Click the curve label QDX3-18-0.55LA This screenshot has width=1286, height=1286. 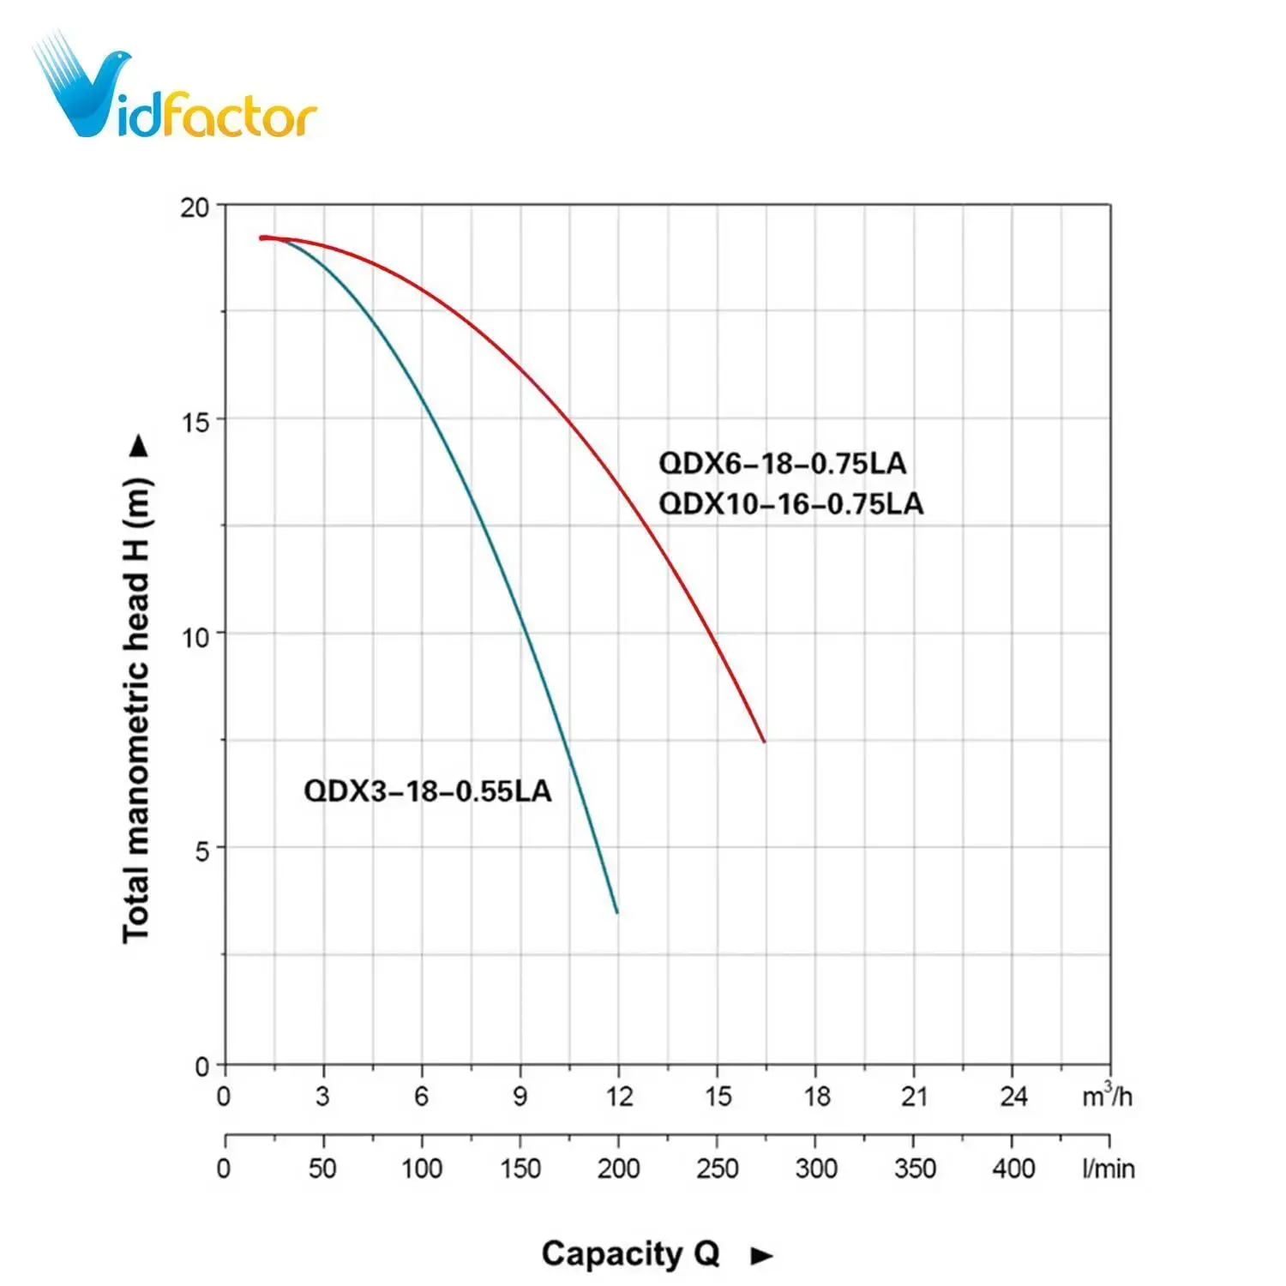[427, 790]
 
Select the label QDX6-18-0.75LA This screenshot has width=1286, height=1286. [782, 464]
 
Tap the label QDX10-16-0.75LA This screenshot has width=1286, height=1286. [790, 503]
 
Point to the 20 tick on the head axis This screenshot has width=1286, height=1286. [195, 207]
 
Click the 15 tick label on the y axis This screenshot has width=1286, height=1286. [195, 422]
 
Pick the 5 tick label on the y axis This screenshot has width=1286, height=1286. [201, 851]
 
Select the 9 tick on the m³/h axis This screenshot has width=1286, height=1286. [520, 1097]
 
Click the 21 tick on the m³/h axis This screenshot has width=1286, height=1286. [914, 1097]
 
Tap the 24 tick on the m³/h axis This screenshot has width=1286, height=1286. [1013, 1097]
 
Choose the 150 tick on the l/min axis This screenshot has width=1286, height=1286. [520, 1169]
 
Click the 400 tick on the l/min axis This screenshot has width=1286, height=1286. [1013, 1169]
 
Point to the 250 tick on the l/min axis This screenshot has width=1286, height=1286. [717, 1169]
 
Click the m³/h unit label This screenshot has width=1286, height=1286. [1107, 1095]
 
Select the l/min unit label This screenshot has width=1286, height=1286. [1108, 1169]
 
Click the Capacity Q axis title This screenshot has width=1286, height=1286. [630, 1254]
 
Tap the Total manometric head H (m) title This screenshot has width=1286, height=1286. [137, 710]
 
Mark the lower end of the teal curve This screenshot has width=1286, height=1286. [616, 912]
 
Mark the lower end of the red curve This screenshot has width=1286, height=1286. [763, 741]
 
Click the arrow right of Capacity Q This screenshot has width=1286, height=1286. [761, 1257]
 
